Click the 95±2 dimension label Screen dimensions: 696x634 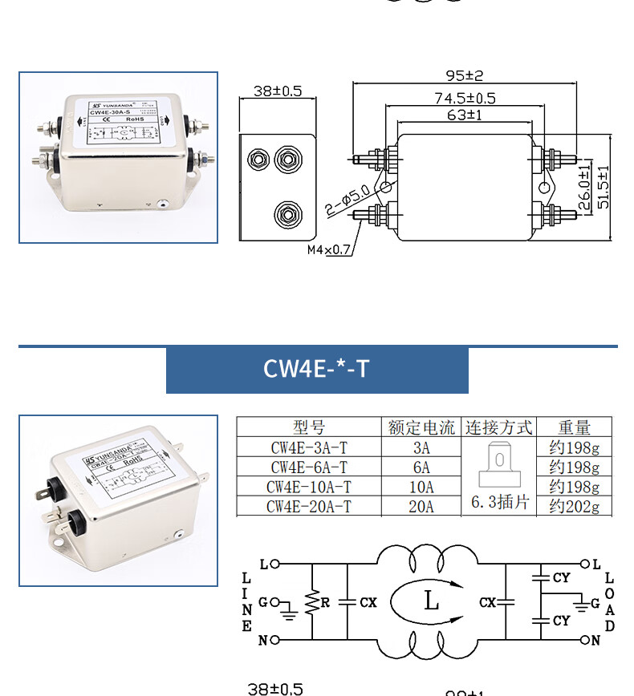[x=465, y=76]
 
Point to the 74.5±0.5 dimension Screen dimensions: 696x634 [x=465, y=99]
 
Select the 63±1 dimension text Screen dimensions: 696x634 [x=465, y=115]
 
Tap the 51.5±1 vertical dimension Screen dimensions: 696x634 [x=603, y=188]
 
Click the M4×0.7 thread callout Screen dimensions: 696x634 [x=329, y=249]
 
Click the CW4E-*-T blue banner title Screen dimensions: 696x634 [x=316, y=369]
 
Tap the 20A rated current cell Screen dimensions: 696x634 [x=421, y=506]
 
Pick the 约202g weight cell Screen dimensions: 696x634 [x=574, y=506]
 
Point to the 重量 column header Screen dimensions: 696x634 [x=574, y=427]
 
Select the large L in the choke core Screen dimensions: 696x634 [x=431, y=601]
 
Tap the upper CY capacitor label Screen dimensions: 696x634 [x=561, y=577]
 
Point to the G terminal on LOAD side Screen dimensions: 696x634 [x=595, y=602]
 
